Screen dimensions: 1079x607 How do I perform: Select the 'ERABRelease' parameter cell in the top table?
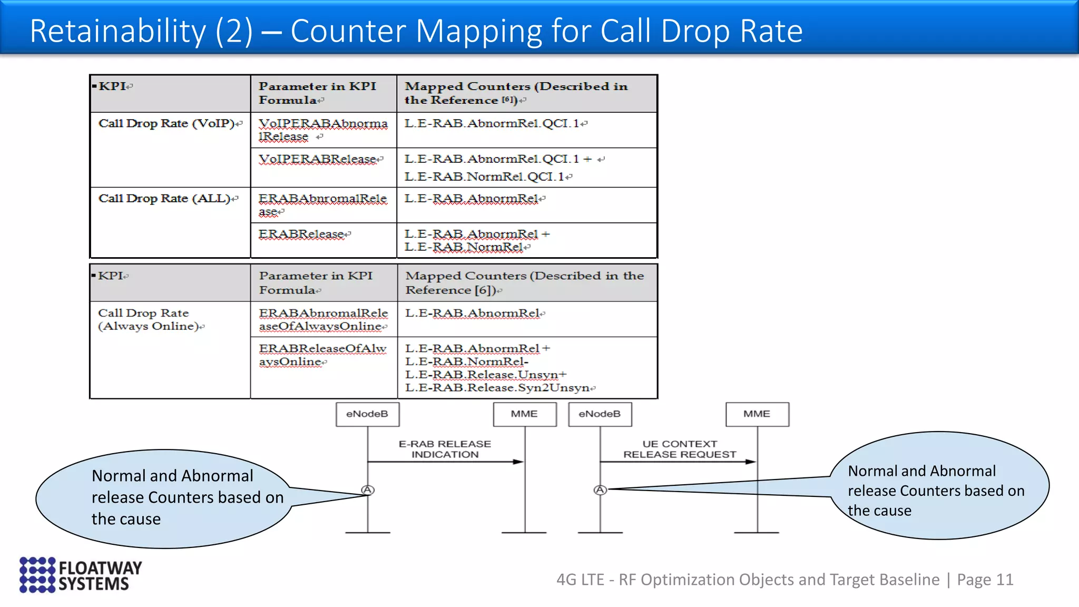tap(303, 234)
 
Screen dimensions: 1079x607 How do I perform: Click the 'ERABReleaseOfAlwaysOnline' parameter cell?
tap(322, 355)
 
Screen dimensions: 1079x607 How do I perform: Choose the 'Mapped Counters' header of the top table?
tap(516, 93)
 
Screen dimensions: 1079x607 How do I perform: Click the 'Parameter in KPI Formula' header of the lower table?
tap(316, 282)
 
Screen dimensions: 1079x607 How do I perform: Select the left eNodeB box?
tap(367, 414)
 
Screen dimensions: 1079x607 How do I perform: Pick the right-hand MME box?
tap(757, 414)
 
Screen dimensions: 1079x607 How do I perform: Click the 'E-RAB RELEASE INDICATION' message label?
tap(445, 449)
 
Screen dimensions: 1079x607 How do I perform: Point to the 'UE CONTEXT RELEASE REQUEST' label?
tap(680, 449)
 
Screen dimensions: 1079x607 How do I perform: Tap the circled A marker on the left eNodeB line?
tap(368, 490)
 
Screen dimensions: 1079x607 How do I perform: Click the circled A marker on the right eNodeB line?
tap(600, 490)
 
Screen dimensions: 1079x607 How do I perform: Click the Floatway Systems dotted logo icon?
tap(37, 574)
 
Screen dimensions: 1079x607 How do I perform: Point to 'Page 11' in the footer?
tap(985, 580)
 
